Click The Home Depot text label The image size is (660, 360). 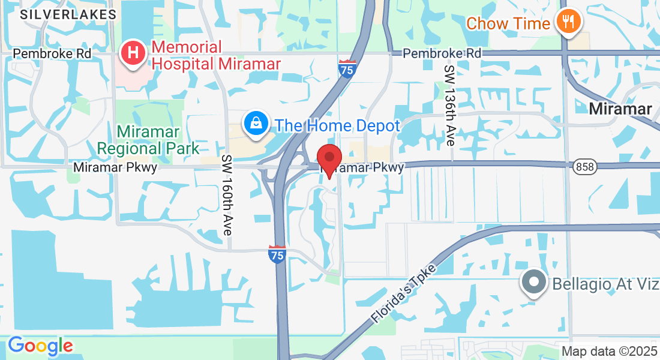(337, 126)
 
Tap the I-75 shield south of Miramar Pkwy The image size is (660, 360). (277, 255)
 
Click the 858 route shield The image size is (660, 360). (584, 167)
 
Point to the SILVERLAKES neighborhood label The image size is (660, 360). (68, 14)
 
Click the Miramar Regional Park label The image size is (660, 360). (148, 139)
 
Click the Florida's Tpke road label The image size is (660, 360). (403, 293)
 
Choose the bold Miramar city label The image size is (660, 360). (620, 109)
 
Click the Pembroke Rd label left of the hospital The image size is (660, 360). (52, 53)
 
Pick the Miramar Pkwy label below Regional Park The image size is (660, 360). (115, 167)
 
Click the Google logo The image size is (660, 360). (40, 346)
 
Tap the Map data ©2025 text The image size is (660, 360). (609, 351)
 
